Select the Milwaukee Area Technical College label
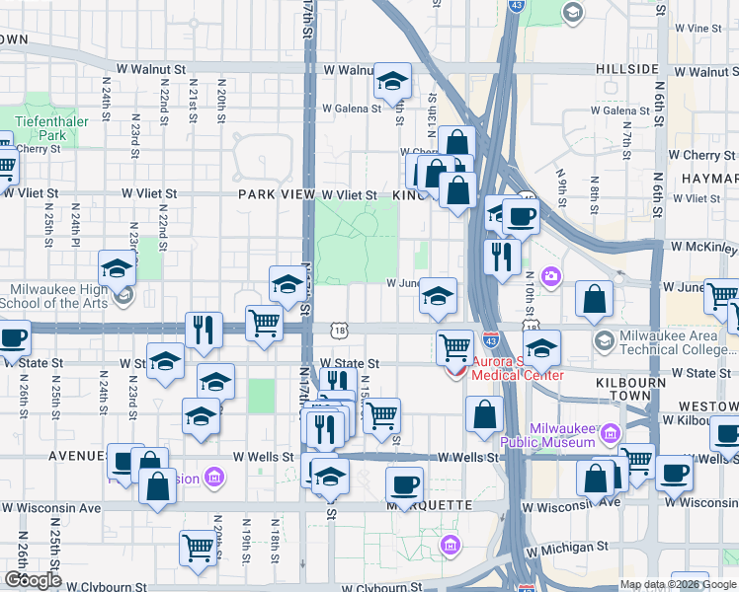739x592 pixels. (x=678, y=342)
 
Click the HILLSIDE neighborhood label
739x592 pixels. (x=627, y=69)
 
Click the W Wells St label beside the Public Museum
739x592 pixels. (x=467, y=457)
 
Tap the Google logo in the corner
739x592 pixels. (x=33, y=579)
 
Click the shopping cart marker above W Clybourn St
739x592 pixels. (x=198, y=548)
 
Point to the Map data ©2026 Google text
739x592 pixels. (x=679, y=584)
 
